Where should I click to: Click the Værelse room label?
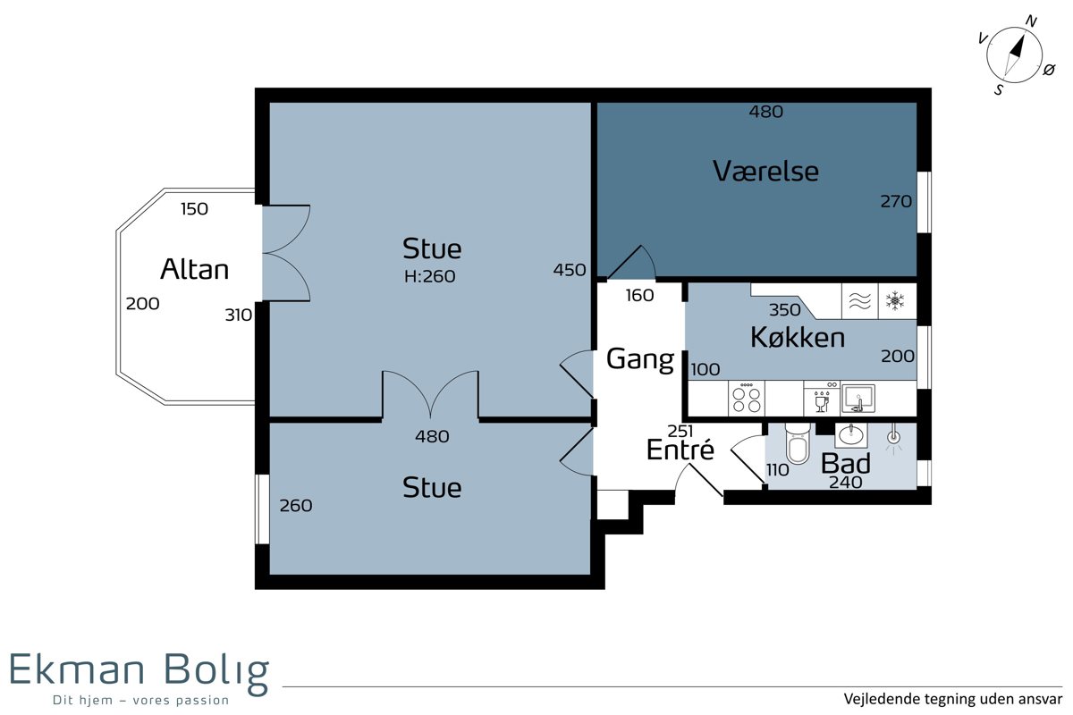click(x=765, y=171)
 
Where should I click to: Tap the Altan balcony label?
click(x=195, y=269)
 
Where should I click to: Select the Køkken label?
click(x=798, y=337)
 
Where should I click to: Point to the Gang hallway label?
click(x=640, y=359)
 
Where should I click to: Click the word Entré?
click(x=680, y=449)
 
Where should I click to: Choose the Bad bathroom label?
click(x=846, y=463)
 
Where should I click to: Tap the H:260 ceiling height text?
click(x=430, y=276)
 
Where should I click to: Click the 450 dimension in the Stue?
click(x=570, y=270)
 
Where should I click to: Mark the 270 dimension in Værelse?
click(x=896, y=201)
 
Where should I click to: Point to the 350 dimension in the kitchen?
click(x=785, y=310)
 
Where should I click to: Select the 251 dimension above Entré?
click(x=680, y=431)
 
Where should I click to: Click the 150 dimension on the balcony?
click(x=195, y=209)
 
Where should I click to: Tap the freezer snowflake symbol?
click(x=895, y=301)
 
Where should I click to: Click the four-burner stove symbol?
click(x=747, y=399)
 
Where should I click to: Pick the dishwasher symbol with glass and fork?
click(x=822, y=399)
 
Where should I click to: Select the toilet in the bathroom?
click(x=798, y=443)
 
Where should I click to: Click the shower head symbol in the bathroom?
click(x=894, y=438)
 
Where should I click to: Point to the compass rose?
click(x=1014, y=55)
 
